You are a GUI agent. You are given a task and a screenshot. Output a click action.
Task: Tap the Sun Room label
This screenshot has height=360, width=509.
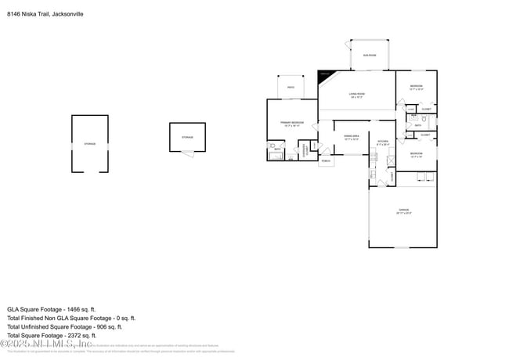369,55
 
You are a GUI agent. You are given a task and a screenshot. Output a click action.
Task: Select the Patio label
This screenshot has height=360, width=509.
290,88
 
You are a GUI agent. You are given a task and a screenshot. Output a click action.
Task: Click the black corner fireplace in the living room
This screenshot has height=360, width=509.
325,77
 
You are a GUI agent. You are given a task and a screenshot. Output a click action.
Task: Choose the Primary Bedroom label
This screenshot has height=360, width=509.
291,124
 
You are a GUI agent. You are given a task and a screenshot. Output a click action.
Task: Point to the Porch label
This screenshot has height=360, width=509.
325,161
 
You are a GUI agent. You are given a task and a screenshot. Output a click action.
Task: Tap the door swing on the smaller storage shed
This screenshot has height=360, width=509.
185,153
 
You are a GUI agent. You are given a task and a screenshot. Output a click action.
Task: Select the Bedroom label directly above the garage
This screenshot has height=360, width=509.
416,154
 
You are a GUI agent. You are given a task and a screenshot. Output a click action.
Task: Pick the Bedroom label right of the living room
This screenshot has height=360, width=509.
416,87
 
